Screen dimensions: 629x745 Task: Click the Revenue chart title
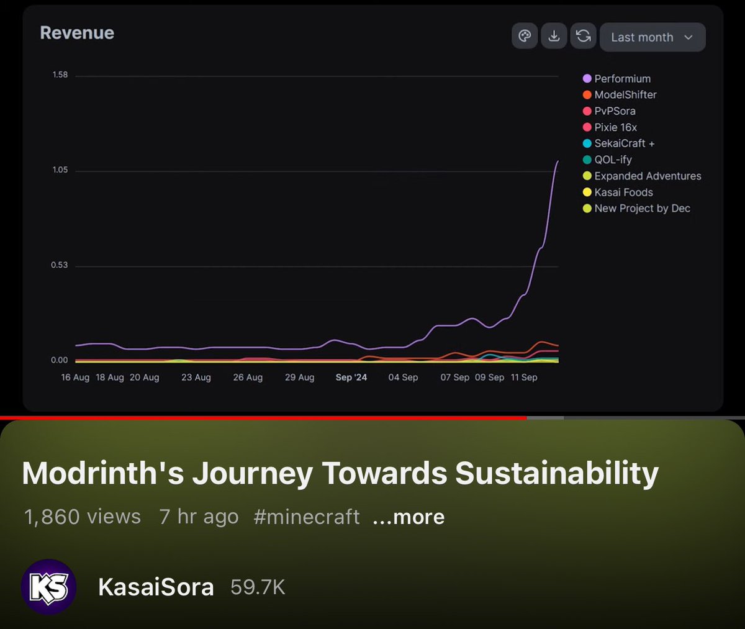[x=77, y=33]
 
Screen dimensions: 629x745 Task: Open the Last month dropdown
[x=652, y=37]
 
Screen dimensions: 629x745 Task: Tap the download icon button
[x=554, y=36]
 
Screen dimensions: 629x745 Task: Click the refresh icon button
[x=584, y=36]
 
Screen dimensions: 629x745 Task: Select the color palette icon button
[x=525, y=36]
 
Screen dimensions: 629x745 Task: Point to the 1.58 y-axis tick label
[x=60, y=75]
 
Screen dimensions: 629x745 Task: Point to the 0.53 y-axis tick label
[x=60, y=266]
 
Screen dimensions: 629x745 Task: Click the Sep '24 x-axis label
[x=351, y=378]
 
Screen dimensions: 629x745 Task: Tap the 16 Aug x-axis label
[x=75, y=378]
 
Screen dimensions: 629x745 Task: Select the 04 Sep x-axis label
[x=403, y=378]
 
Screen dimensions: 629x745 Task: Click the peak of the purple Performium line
[x=557, y=161]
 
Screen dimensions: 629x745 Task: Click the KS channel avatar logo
[x=48, y=587]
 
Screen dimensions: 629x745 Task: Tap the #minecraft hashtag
[x=307, y=517]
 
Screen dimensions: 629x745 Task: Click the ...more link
[x=409, y=517]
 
